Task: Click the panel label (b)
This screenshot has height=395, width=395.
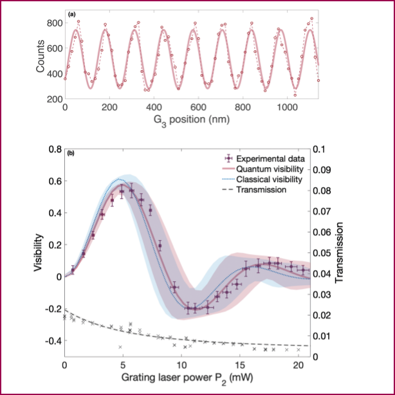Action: click(x=69, y=153)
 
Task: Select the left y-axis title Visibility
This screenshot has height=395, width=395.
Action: click(x=39, y=252)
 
